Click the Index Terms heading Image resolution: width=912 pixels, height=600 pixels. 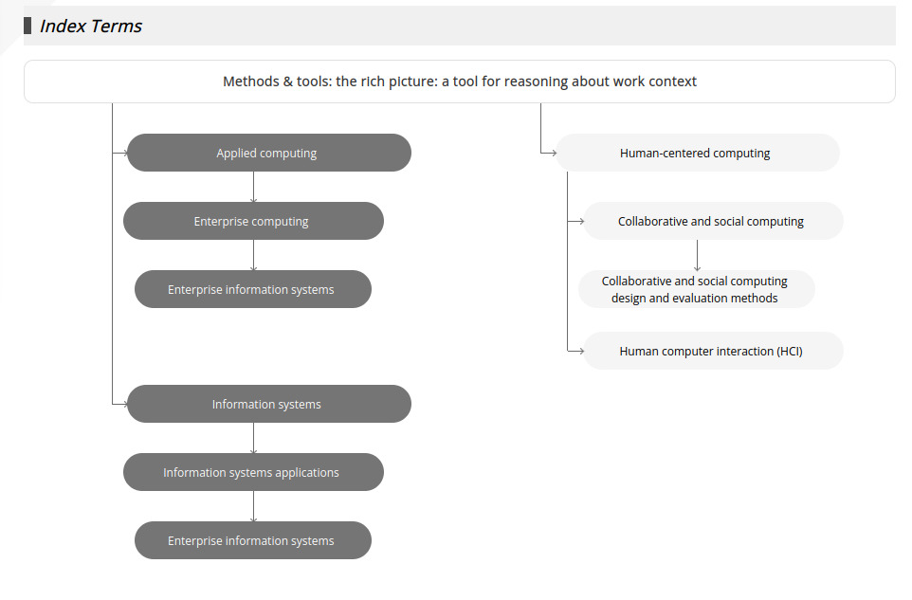91,27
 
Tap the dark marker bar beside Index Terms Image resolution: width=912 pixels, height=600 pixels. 27,26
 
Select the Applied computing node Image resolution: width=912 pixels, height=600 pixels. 268,153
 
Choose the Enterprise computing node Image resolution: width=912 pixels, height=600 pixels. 253,221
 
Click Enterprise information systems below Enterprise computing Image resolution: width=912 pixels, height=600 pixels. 253,289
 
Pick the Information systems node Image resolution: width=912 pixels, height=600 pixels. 268,404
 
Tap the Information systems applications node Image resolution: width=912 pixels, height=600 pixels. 253,472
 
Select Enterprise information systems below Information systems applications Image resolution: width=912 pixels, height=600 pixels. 253,540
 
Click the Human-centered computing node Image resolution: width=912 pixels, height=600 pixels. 698,153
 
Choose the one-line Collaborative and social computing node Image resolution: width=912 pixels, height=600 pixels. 713,221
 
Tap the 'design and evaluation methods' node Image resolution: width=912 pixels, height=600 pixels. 696,289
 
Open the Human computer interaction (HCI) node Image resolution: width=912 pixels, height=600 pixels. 713,351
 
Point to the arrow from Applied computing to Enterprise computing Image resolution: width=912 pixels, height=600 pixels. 253,187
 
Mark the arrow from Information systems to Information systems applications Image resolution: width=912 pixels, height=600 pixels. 253,438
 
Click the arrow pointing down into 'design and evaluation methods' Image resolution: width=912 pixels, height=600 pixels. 697,255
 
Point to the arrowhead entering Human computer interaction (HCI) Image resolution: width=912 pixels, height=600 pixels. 581,351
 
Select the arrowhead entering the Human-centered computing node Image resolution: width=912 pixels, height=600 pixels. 554,153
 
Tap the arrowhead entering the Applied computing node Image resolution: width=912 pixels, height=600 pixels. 124,153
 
